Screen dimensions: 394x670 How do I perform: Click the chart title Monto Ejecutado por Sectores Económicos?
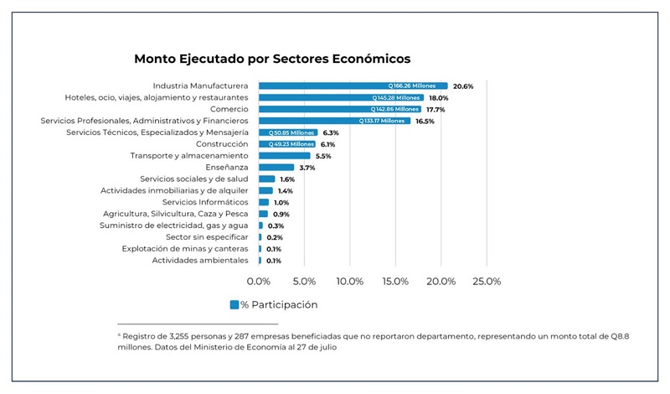click(272, 60)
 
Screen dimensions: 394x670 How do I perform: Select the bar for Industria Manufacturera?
click(352, 86)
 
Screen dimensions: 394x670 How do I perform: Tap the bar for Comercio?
click(339, 109)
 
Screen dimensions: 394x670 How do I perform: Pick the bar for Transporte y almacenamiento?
click(284, 156)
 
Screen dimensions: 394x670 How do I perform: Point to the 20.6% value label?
click(463, 86)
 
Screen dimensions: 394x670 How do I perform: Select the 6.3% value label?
click(330, 132)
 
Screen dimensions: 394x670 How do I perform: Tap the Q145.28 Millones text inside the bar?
click(397, 97)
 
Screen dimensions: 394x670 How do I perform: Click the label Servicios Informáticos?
click(205, 202)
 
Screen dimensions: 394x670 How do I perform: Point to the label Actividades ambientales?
click(200, 261)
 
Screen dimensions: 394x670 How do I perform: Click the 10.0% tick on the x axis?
click(350, 281)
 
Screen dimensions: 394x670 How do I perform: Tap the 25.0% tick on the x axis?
click(487, 281)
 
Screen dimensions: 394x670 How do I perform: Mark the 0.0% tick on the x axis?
click(259, 281)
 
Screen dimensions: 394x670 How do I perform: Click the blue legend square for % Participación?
click(234, 304)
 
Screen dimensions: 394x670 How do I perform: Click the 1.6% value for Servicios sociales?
click(287, 179)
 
